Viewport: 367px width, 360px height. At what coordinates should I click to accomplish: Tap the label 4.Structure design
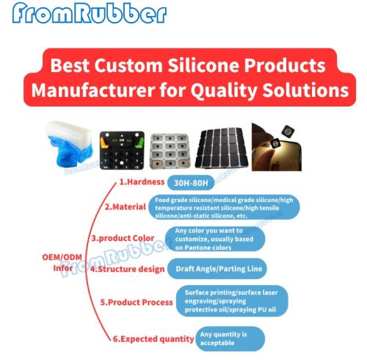[x=126, y=269]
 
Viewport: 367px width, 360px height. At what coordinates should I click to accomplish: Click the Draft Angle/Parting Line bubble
[x=215, y=270]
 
